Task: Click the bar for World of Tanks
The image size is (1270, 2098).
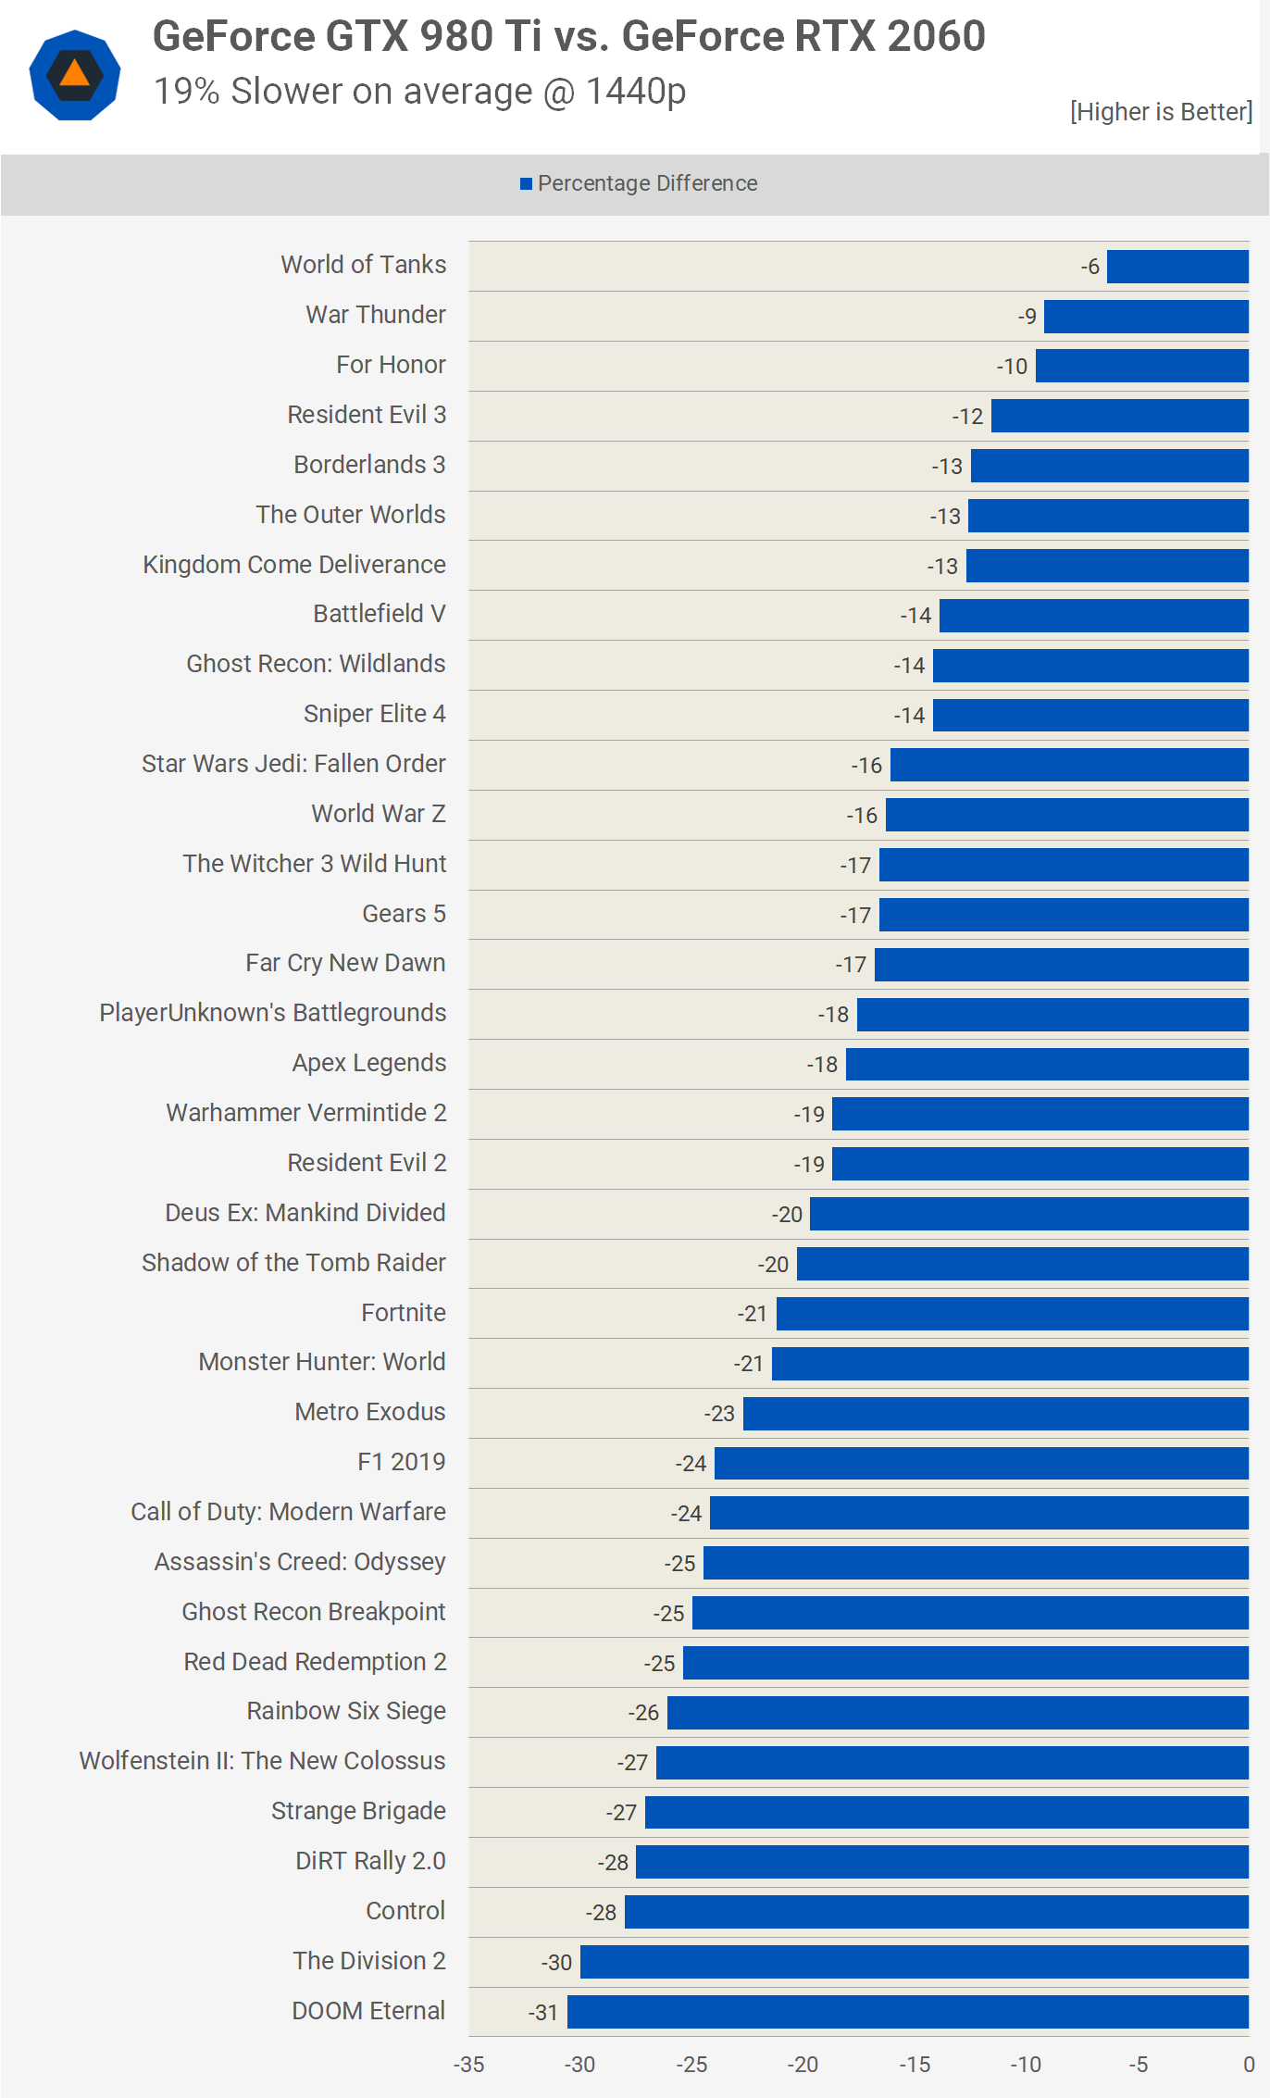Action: click(x=1177, y=267)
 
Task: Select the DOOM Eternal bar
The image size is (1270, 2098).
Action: click(x=907, y=2012)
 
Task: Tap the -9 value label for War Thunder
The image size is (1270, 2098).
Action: click(x=1027, y=317)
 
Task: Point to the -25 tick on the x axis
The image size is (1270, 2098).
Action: click(x=691, y=2065)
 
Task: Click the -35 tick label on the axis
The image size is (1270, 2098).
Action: click(x=468, y=2065)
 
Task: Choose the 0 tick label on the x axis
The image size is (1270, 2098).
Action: click(x=1249, y=2065)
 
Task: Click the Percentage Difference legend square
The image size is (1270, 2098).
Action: click(x=526, y=183)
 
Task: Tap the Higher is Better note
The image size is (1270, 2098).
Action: click(x=1161, y=112)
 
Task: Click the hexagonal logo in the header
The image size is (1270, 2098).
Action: click(x=75, y=75)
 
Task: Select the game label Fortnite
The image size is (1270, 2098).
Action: click(x=404, y=1313)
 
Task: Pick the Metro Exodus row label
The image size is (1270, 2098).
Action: click(x=370, y=1412)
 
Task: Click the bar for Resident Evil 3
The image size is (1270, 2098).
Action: click(x=1119, y=416)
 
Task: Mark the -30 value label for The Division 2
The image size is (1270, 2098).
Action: click(x=556, y=1963)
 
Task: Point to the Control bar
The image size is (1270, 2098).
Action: click(x=936, y=1912)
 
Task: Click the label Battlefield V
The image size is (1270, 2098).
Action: click(x=380, y=614)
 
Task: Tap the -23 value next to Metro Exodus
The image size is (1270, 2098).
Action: click(x=719, y=1414)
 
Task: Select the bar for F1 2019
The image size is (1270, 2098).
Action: click(x=981, y=1464)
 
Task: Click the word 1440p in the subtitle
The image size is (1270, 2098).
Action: click(x=636, y=92)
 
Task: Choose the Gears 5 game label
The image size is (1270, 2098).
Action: click(x=404, y=914)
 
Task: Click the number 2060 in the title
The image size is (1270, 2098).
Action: click(x=936, y=37)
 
